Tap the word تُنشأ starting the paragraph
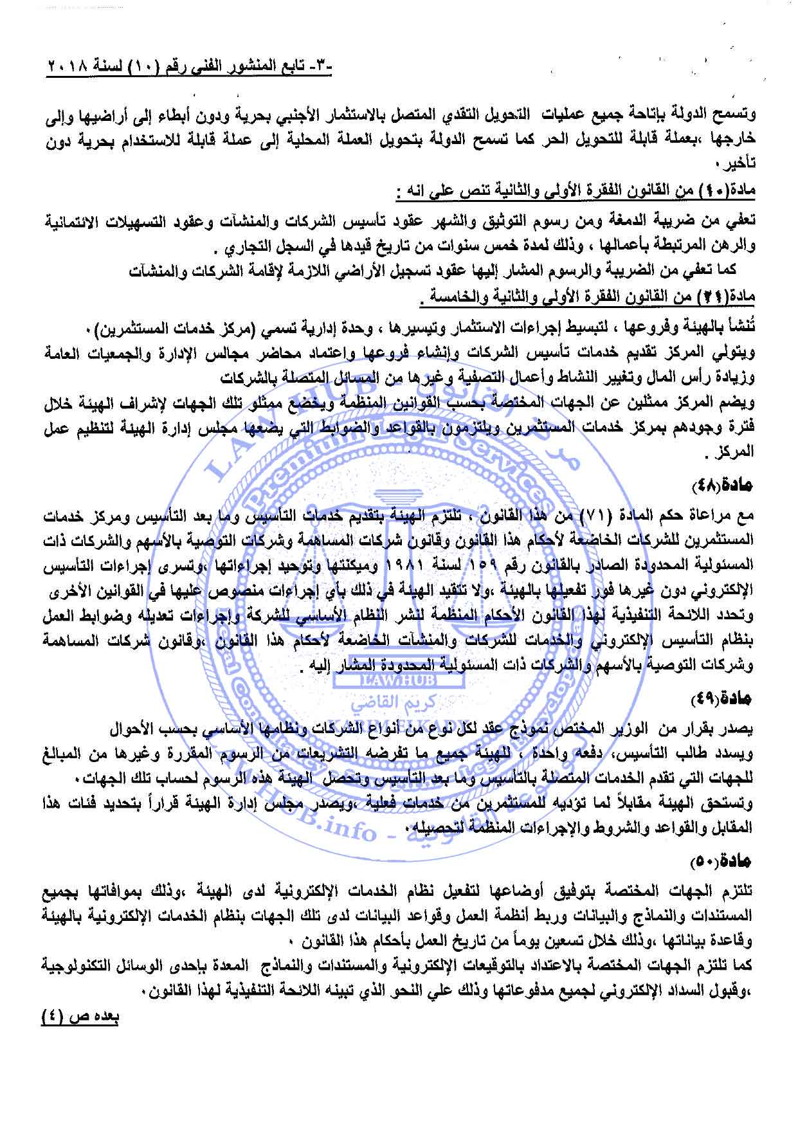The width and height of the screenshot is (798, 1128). (741, 332)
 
